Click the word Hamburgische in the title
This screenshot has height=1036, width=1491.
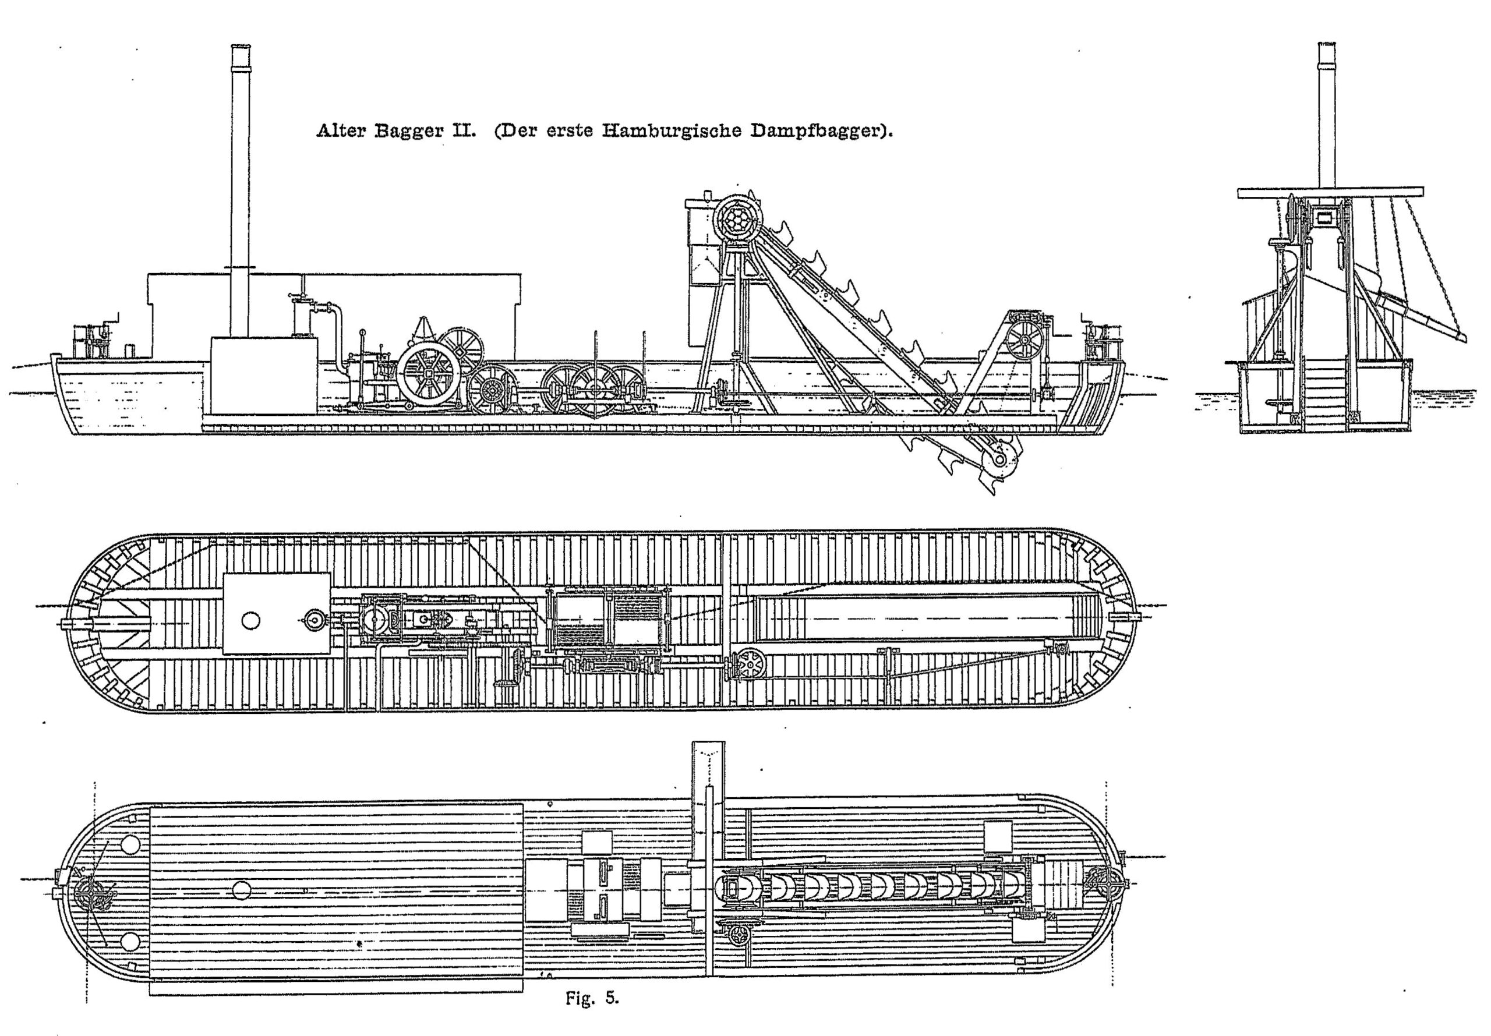(670, 131)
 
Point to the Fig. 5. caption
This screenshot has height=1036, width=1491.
(592, 998)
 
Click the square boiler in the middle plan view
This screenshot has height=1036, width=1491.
(276, 613)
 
